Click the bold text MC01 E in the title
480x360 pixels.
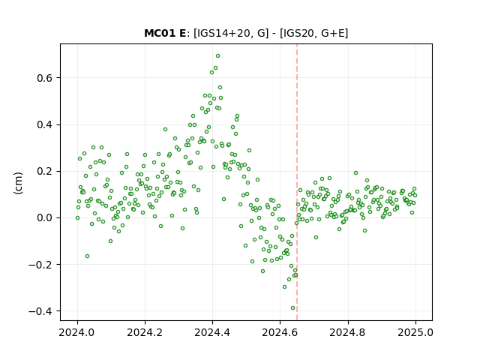165,33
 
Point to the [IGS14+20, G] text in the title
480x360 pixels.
231,33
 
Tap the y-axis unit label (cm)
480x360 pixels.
18,183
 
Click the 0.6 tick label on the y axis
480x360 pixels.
45,78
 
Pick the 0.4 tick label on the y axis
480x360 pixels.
45,125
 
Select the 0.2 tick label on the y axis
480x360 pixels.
45,172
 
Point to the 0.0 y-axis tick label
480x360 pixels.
45,218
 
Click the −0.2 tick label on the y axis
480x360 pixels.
40,265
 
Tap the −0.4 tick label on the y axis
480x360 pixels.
40,311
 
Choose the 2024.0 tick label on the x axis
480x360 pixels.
77,332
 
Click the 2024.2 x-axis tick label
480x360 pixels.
145,332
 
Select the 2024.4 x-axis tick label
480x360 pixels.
212,332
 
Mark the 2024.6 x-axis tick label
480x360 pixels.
280,332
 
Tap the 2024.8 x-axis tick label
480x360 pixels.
348,332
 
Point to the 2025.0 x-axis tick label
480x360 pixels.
415,332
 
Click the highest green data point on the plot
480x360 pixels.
217,56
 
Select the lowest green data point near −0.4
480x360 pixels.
292,308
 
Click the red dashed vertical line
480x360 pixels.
297,182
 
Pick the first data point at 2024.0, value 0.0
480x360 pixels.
77,218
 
